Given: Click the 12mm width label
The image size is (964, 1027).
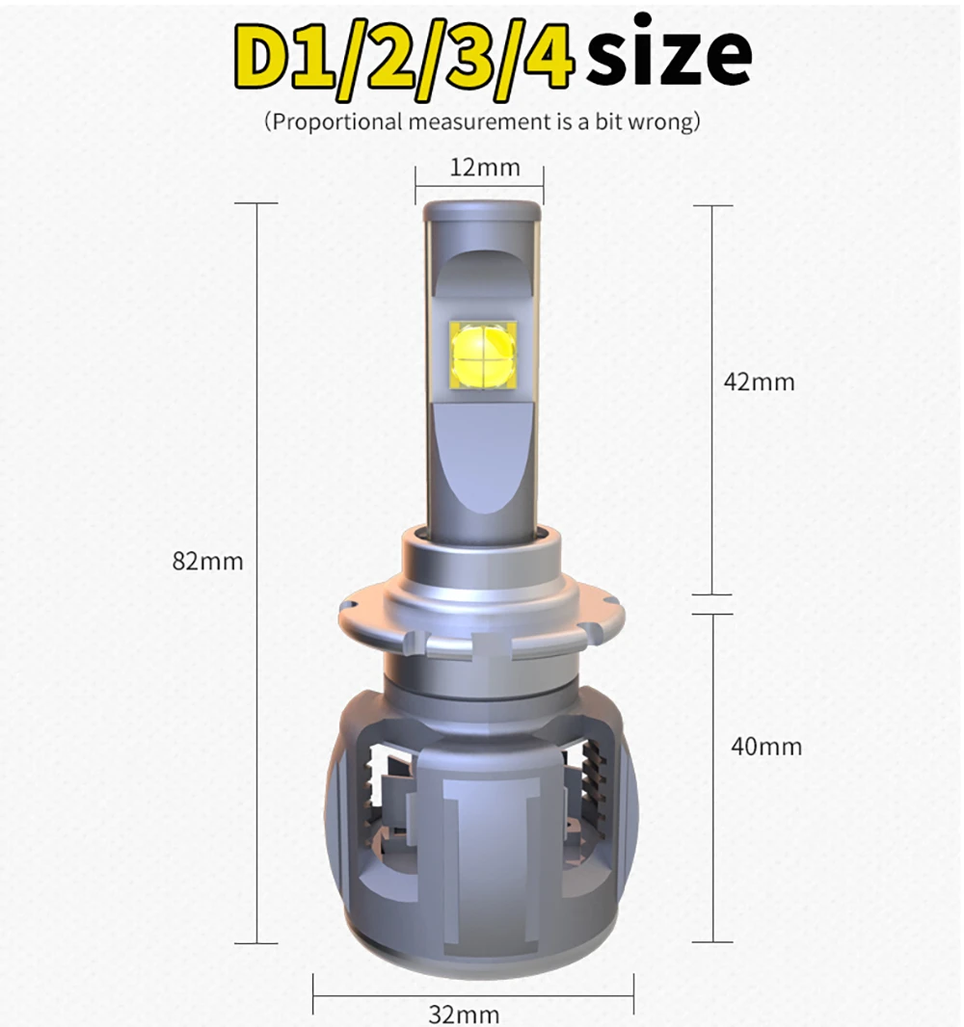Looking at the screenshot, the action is (485, 168).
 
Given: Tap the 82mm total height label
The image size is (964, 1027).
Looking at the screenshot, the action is (207, 562).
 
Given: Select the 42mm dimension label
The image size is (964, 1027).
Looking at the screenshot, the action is (759, 382).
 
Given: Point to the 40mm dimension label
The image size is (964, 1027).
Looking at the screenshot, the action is (766, 747).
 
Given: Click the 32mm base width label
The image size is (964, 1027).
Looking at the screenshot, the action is (464, 1014).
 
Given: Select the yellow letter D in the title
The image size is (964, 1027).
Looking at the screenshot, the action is (262, 58).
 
